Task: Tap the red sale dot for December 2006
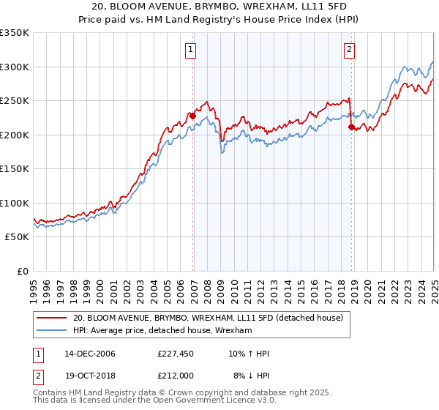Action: click(193, 116)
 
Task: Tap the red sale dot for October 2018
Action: click(351, 127)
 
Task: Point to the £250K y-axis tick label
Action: click(15, 101)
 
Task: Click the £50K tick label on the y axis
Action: click(17, 237)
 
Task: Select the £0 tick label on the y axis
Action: click(23, 271)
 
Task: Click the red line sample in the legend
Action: click(53, 318)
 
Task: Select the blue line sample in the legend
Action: click(53, 331)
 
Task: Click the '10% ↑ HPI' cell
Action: click(249, 354)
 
